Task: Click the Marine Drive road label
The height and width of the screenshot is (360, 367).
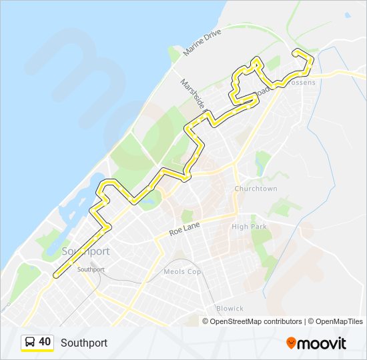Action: [198, 46]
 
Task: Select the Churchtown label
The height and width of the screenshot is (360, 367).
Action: [256, 189]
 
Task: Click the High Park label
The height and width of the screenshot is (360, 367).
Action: [249, 227]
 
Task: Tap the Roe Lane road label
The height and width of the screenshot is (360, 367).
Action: [184, 231]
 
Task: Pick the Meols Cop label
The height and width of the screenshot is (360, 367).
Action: [182, 271]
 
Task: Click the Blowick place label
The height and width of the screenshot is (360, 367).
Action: [230, 308]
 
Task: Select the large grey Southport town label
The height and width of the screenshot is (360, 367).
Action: [85, 251]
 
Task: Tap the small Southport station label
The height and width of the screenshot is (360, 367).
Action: [91, 269]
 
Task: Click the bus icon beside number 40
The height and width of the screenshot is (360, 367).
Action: [30, 342]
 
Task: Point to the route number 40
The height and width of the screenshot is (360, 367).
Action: [45, 342]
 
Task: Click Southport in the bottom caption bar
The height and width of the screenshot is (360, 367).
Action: [83, 343]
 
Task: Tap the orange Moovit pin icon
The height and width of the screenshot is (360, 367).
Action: [291, 343]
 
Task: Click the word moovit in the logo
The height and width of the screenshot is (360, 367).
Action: [322, 343]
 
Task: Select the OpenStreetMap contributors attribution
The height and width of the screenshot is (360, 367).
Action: [256, 321]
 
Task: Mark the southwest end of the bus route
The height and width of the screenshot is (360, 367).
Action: [55, 275]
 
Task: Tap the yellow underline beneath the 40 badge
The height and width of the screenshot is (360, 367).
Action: [37, 351]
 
